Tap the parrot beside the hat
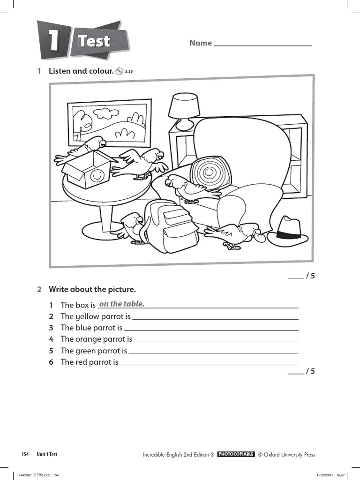click(237, 234)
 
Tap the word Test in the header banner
click(94, 41)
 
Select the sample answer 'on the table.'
click(121, 304)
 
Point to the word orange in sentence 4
click(90, 339)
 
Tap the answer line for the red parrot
click(209, 363)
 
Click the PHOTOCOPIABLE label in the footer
click(236, 454)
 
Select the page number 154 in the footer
click(25, 454)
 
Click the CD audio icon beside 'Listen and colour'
click(120, 71)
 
